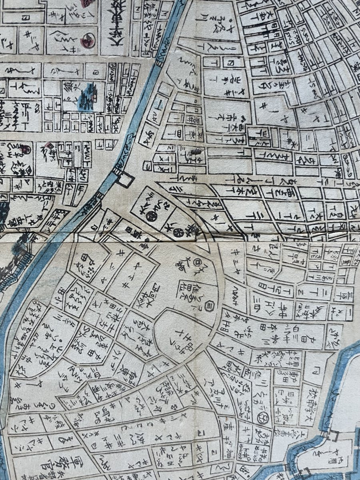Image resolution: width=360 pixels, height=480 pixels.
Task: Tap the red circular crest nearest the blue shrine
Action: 85,40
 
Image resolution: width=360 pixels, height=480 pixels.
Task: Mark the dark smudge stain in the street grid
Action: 196,151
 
